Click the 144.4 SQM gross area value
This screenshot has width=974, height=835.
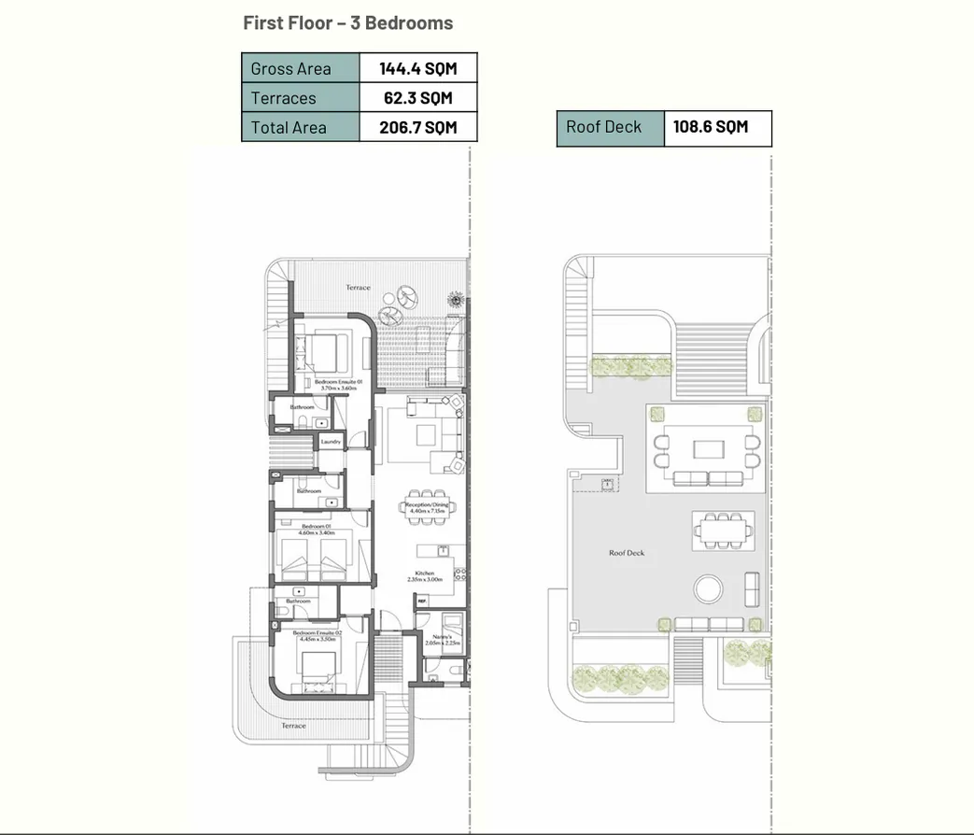coord(417,68)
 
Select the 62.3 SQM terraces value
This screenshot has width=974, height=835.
coord(417,98)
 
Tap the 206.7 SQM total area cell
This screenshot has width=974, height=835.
coord(417,128)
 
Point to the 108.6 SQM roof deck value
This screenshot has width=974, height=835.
coord(710,127)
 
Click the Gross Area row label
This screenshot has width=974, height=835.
coord(290,68)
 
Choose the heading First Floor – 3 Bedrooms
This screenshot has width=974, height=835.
coord(347,23)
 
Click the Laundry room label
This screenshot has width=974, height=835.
coord(331,442)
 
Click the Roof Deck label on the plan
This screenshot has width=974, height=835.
coord(627,553)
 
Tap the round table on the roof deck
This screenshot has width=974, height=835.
coord(707,588)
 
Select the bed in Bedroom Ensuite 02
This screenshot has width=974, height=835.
coord(318,665)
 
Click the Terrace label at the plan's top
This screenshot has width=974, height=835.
coord(358,288)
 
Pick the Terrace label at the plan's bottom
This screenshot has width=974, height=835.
coord(293,726)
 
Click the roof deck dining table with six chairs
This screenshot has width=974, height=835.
coord(722,532)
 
